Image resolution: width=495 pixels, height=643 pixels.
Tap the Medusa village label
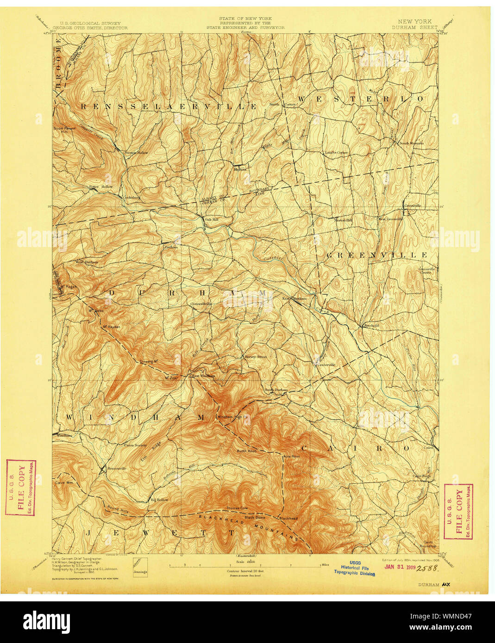(x=240, y=169)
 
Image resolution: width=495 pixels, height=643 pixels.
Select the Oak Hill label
(x=212, y=220)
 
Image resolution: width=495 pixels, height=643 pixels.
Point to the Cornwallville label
(x=201, y=304)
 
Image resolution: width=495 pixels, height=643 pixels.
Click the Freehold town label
(x=370, y=326)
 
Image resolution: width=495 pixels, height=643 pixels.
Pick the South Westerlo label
(x=412, y=143)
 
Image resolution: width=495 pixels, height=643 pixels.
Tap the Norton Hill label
(x=343, y=220)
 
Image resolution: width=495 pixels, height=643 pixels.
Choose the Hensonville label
(x=114, y=468)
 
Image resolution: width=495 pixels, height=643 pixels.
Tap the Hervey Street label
(x=256, y=357)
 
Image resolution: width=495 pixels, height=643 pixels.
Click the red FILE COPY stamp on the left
(x=21, y=487)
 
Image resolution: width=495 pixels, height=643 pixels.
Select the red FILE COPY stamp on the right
(x=458, y=511)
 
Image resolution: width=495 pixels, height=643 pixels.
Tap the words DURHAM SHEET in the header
(x=414, y=27)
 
